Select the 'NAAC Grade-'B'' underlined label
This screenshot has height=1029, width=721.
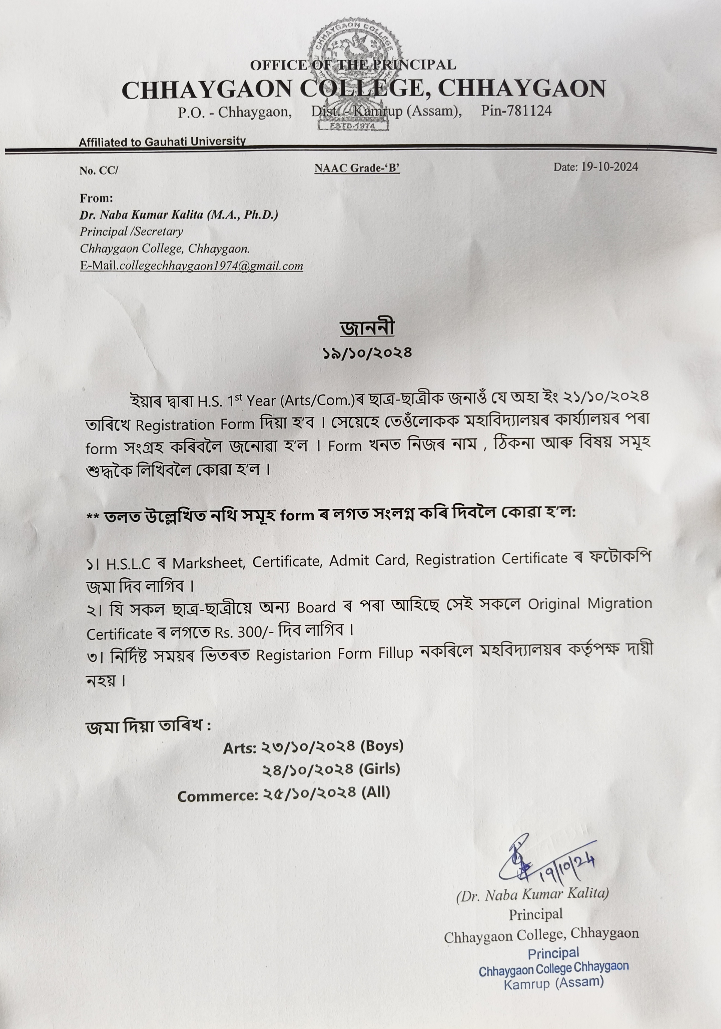357,169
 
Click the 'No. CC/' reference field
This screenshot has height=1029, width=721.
99,171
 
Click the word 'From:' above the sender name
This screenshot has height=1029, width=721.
96,198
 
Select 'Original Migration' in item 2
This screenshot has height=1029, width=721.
590,604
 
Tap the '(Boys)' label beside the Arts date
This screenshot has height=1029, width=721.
382,746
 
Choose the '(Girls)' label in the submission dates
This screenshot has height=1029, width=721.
380,769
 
